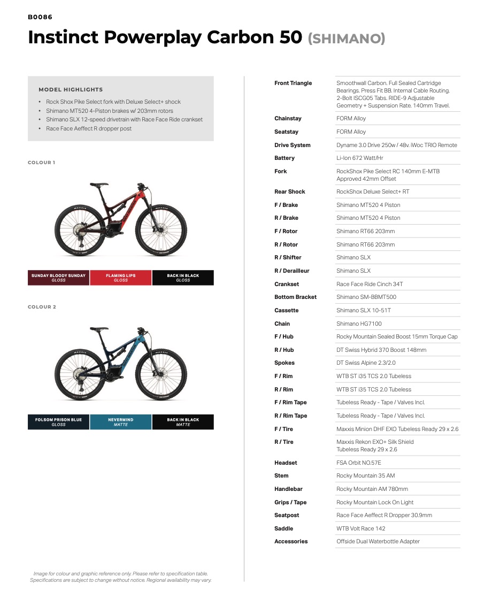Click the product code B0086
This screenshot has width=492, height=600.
(x=40, y=17)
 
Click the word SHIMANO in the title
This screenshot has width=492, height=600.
(x=347, y=39)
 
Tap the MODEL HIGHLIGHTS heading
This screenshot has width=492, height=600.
(x=71, y=90)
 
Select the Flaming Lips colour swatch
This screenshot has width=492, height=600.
(x=121, y=278)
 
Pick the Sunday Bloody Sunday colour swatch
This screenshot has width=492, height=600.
(x=58, y=278)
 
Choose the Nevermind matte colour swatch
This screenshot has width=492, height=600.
(x=121, y=422)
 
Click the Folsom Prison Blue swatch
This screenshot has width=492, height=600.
(x=58, y=422)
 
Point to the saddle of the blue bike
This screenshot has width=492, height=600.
(x=99, y=329)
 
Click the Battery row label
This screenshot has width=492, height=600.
(x=285, y=158)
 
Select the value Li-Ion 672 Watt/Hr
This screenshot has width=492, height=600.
(x=359, y=158)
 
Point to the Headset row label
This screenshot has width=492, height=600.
(x=286, y=463)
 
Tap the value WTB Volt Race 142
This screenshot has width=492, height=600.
(x=360, y=529)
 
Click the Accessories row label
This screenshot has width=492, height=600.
(x=291, y=542)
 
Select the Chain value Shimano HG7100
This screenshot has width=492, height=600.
(x=359, y=324)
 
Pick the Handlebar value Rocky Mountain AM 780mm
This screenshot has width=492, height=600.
(x=372, y=489)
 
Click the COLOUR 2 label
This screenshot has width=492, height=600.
(x=42, y=307)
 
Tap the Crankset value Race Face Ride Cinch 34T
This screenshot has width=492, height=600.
(x=370, y=284)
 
